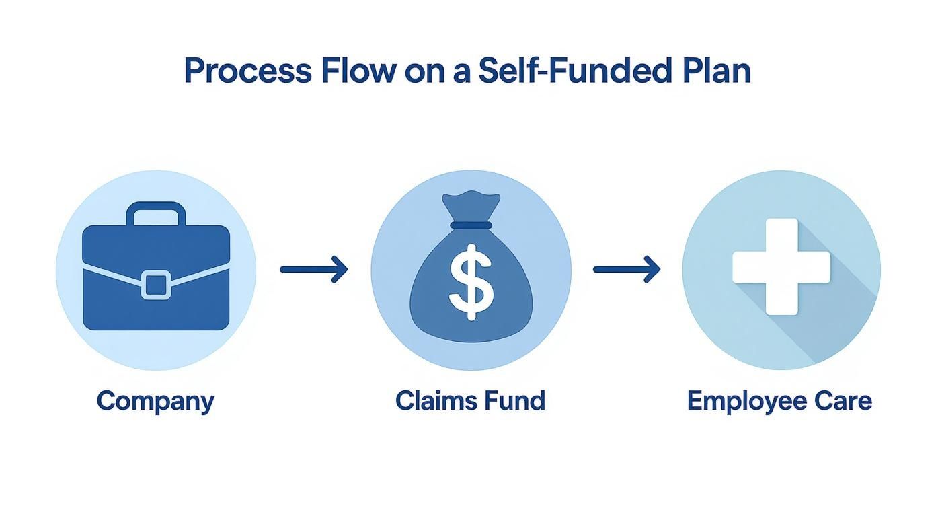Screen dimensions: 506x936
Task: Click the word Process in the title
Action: (x=247, y=71)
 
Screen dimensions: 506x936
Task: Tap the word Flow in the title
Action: (x=358, y=71)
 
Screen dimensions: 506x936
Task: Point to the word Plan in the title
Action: (x=714, y=71)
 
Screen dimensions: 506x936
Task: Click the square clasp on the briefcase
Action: (x=155, y=284)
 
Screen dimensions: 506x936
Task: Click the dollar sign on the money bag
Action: (x=471, y=281)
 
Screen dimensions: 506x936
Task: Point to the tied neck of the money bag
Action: (x=471, y=225)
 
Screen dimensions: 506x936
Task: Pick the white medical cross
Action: (x=781, y=266)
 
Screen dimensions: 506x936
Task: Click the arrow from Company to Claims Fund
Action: (x=314, y=270)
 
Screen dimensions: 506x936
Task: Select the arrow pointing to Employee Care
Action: (x=627, y=270)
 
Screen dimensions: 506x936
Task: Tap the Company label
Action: (x=155, y=402)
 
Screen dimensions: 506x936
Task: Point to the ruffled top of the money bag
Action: (x=471, y=203)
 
